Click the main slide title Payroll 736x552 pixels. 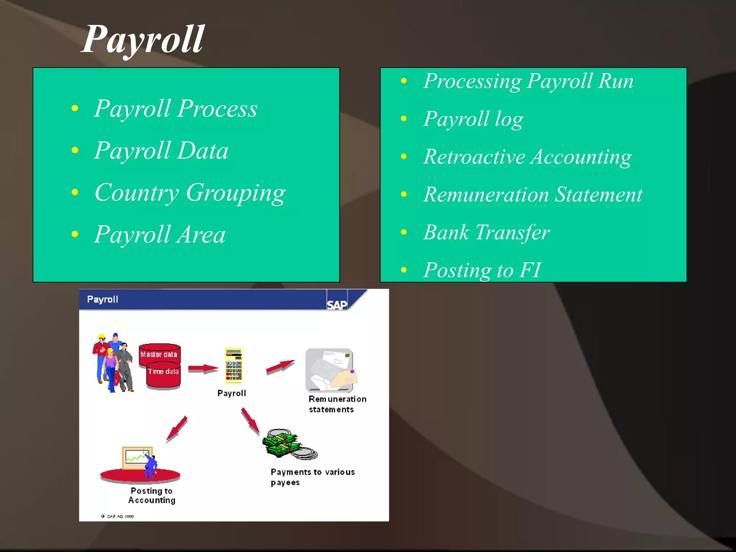143,40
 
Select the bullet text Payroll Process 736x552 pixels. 176,108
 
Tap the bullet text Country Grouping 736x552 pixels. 190,193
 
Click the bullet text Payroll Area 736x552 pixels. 160,235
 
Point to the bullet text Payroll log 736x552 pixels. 473,119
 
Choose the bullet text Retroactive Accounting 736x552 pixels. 527,157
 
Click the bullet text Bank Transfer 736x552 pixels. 486,233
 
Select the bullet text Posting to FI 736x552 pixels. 482,270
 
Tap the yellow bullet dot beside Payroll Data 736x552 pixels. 75,150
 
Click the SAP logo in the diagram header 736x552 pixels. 337,305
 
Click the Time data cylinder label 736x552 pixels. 164,372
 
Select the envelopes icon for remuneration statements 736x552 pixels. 330,370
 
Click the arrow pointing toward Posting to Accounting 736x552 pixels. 177,429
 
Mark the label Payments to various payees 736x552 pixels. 312,477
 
